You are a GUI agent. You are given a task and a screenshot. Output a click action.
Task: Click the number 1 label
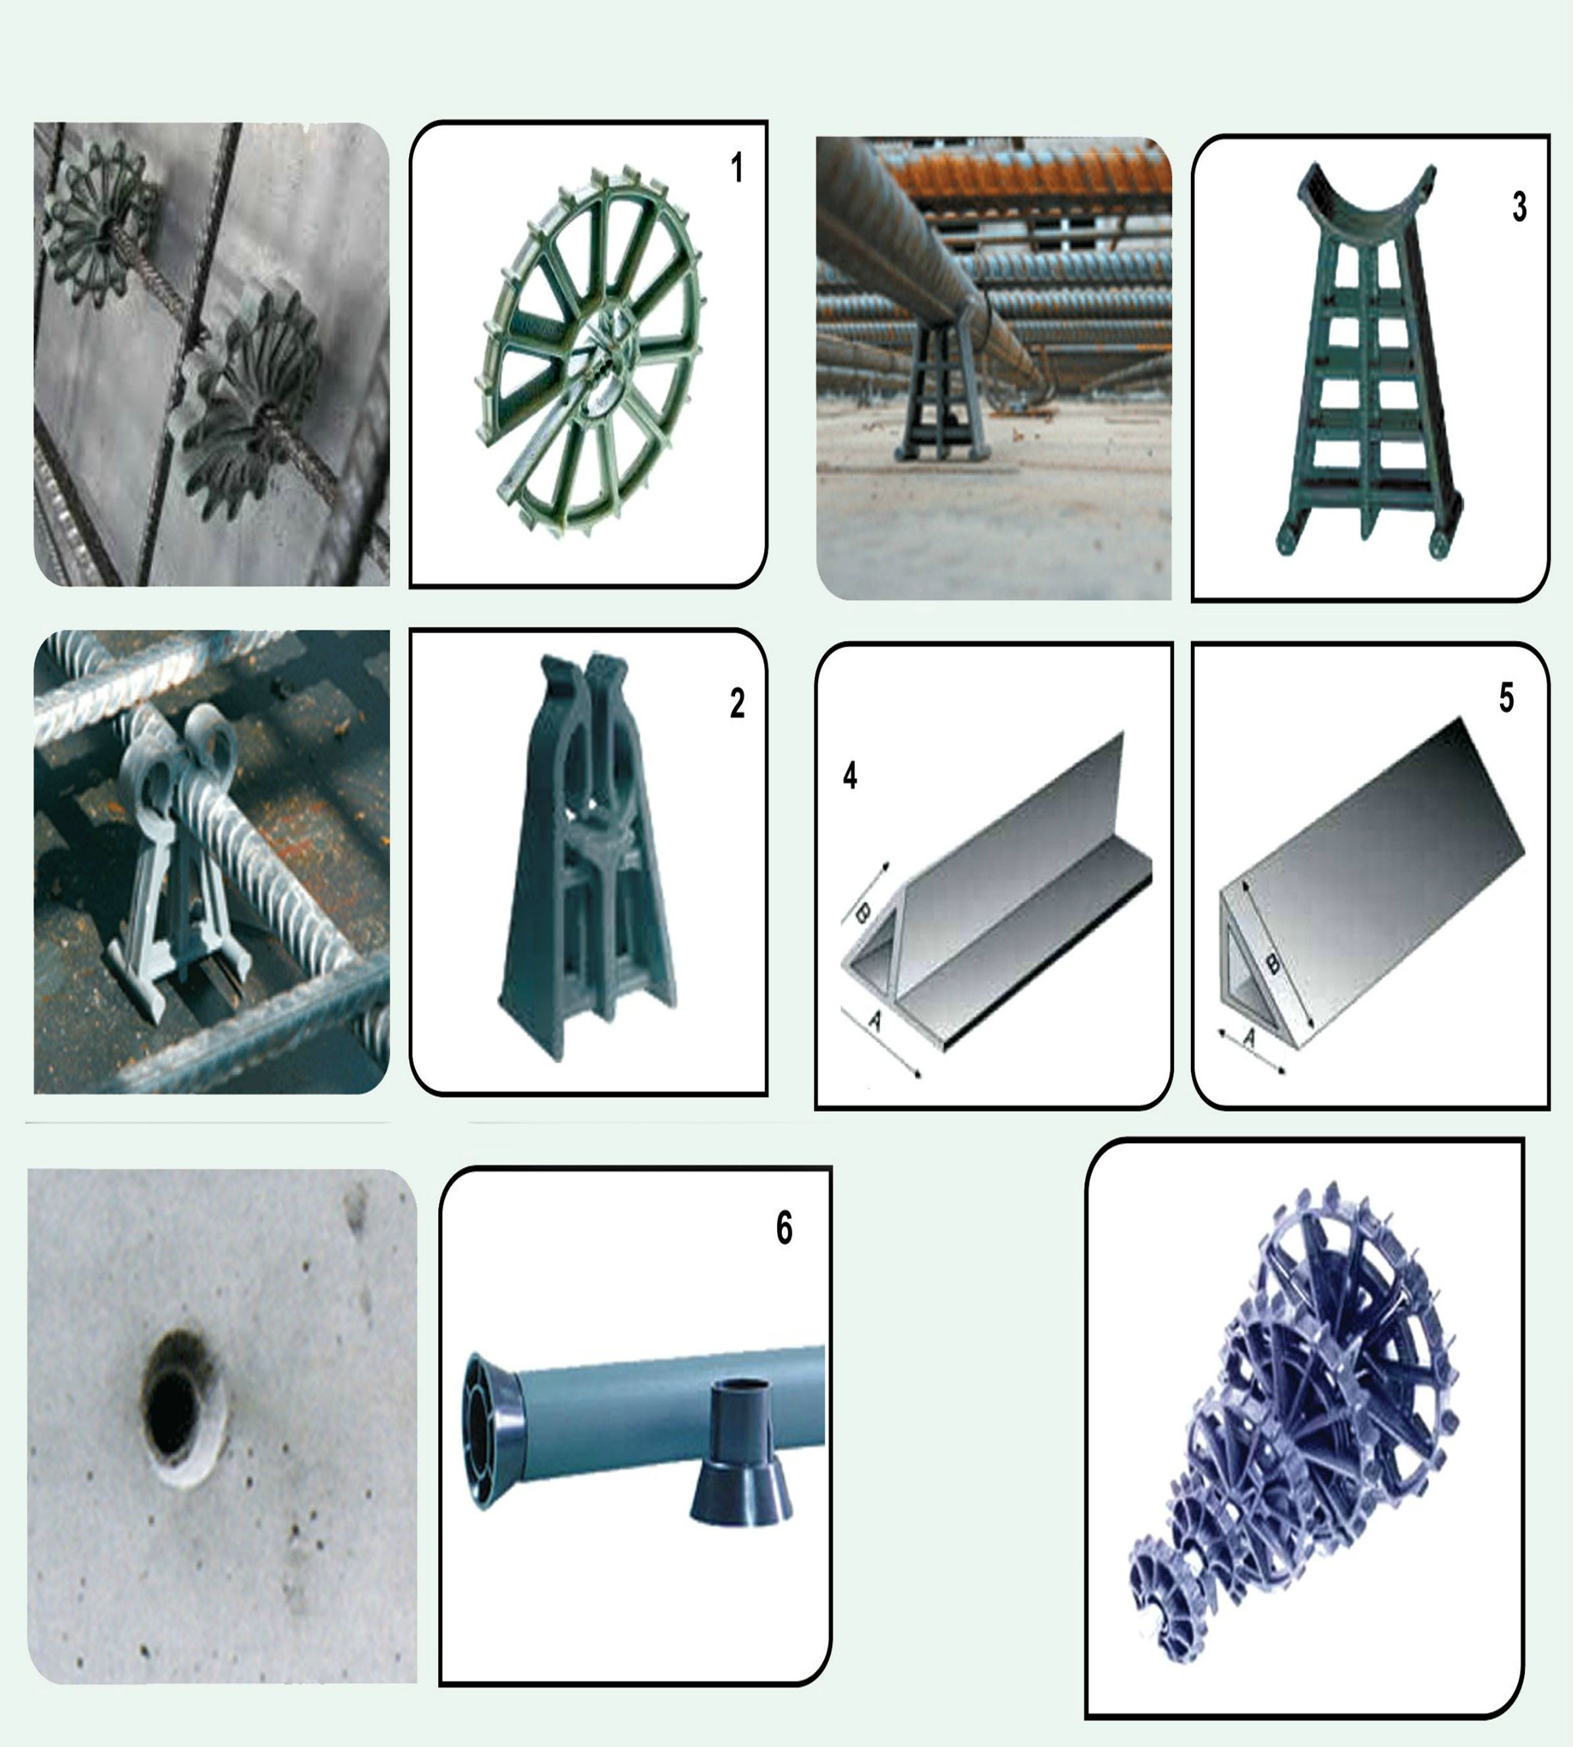click(736, 168)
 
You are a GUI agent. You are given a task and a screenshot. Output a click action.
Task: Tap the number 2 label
click(737, 704)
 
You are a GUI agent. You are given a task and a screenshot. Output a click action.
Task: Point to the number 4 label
click(850, 775)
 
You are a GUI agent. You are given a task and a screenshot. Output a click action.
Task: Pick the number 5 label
click(1506, 698)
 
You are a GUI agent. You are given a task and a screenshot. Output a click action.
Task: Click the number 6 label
click(784, 1229)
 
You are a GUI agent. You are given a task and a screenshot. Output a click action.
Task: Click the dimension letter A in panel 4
click(875, 1022)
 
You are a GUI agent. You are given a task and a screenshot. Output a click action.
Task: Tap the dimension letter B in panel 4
click(862, 913)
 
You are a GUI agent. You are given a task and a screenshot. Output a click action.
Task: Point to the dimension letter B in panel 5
click(1272, 962)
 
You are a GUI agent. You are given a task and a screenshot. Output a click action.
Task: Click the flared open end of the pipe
click(493, 1432)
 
